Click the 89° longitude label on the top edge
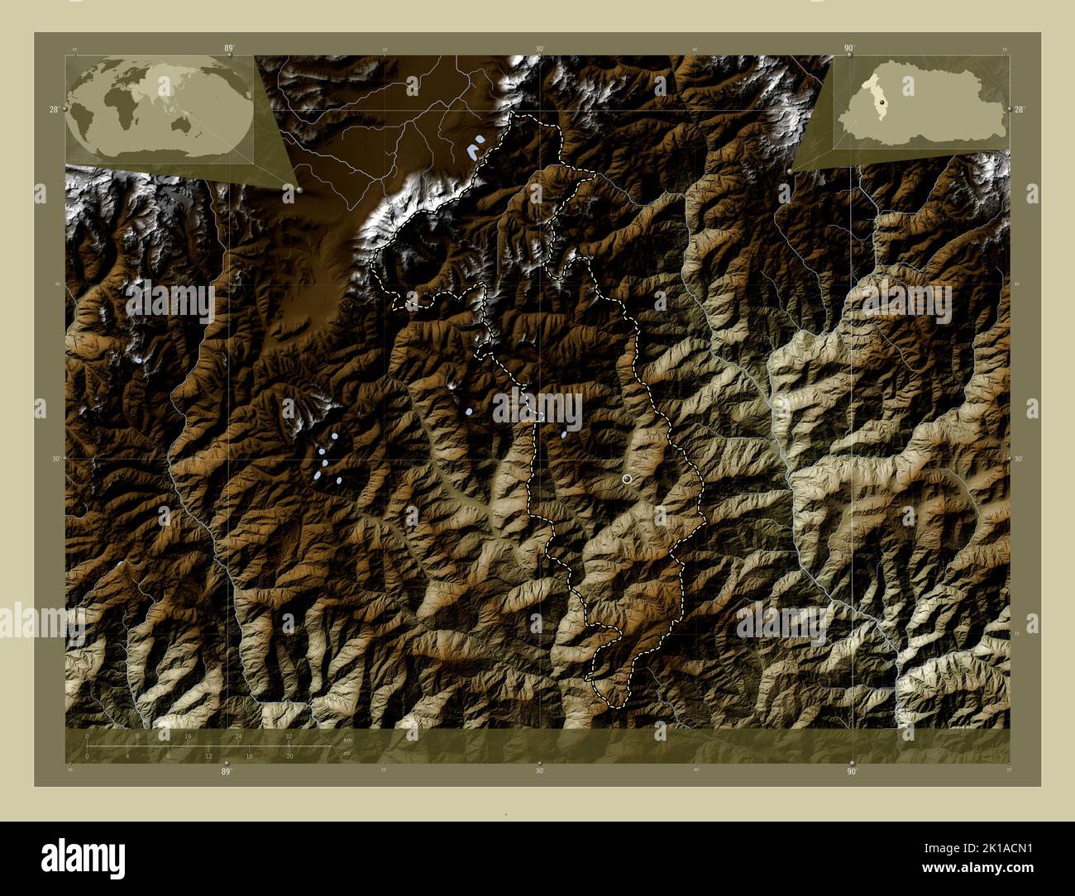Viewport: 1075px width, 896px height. click(229, 49)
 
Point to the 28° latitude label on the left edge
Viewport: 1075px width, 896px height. click(53, 109)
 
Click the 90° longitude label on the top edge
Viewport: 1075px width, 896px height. click(848, 49)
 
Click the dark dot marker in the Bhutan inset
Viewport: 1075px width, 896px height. click(883, 102)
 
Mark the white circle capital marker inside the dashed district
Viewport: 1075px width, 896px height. click(627, 479)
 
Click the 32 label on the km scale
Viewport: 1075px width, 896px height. click(289, 736)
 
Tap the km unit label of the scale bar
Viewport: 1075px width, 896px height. click(347, 741)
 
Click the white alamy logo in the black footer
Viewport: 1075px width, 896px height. click(83, 857)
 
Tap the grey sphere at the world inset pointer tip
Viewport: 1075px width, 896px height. click(299, 189)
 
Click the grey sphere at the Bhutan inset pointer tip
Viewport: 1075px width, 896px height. click(791, 170)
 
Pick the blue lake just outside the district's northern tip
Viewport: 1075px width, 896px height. click(475, 150)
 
